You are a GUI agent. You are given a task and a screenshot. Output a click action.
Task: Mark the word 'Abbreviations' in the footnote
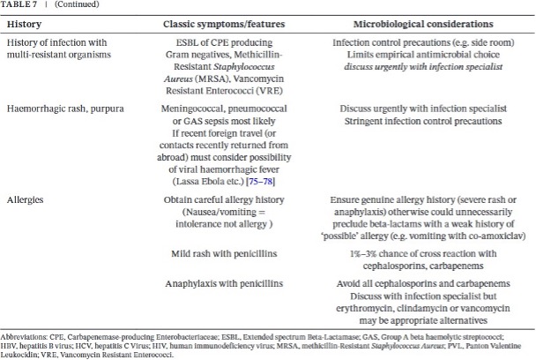point(24,338)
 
